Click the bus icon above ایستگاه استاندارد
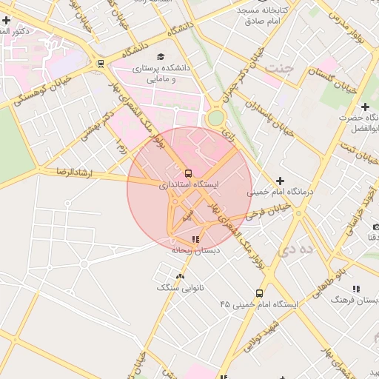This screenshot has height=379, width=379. (188, 172)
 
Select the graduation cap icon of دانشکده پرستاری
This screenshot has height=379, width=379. (160, 56)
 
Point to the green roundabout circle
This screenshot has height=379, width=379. (215, 118)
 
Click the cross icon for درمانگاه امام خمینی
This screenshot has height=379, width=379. (280, 181)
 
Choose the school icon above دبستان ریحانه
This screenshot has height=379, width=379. (195, 239)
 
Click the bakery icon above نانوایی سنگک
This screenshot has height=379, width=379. (180, 276)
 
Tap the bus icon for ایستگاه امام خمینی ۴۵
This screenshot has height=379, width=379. (258, 293)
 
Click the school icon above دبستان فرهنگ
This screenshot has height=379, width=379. (356, 289)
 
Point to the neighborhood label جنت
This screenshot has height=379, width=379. (283, 68)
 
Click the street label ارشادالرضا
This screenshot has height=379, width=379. (73, 172)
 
